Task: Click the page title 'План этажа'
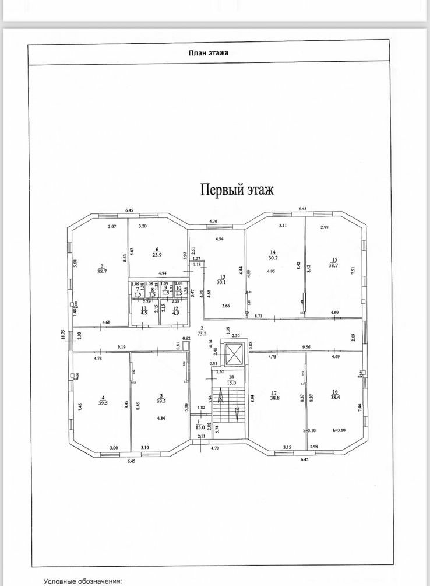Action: pyautogui.click(x=209, y=52)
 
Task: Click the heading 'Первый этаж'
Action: pyautogui.click(x=237, y=190)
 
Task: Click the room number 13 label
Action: pyautogui.click(x=222, y=277)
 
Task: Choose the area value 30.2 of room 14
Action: pyautogui.click(x=272, y=258)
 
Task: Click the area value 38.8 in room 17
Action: pyautogui.click(x=275, y=397)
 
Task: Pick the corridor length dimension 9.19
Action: pyautogui.click(x=121, y=348)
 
